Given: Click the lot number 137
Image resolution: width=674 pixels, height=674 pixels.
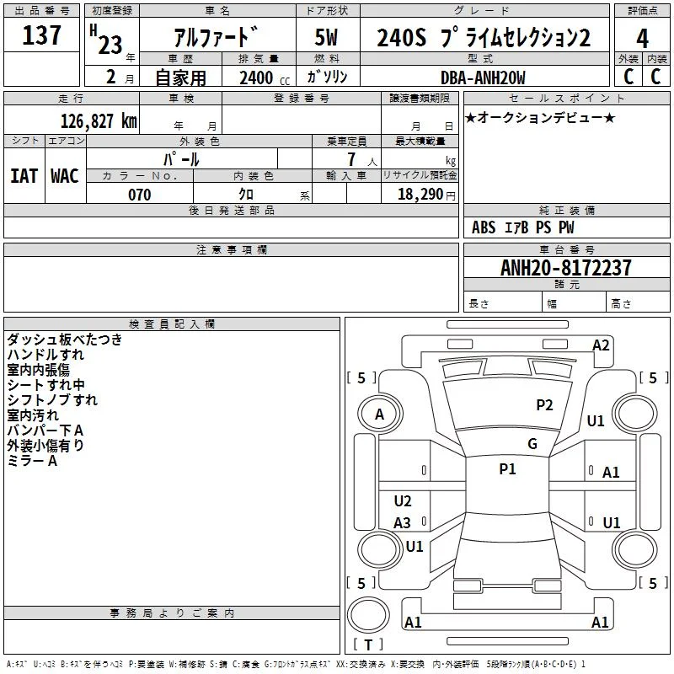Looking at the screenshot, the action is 41,35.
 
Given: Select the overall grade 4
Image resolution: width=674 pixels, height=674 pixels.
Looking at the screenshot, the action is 642,39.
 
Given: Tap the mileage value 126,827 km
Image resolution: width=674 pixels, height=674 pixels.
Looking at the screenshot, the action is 99,121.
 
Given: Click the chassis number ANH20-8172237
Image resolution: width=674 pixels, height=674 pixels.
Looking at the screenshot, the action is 566,268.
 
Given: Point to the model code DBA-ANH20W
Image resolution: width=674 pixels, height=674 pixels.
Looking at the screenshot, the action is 483,78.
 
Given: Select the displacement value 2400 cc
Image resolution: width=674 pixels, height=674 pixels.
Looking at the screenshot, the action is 265,78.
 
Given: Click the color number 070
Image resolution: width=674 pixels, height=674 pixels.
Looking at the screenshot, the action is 140,195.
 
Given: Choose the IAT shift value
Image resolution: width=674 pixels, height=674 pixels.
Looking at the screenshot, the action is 24,176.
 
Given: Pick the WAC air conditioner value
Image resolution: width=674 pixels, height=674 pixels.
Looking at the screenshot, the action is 65,176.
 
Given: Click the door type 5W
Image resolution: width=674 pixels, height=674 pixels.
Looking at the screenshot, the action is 326,37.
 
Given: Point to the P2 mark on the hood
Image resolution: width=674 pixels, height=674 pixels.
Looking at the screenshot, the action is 544,405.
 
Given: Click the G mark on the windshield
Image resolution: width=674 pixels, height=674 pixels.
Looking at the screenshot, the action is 532,443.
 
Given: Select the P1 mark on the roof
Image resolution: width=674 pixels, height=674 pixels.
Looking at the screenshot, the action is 507,468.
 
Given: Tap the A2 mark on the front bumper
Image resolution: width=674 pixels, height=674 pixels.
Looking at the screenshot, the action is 601,345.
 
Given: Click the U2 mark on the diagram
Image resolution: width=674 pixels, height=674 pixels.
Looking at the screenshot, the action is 403,500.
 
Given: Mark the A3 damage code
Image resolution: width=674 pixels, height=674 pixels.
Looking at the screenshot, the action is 403,522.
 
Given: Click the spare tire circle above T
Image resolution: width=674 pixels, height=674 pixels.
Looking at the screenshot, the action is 368,615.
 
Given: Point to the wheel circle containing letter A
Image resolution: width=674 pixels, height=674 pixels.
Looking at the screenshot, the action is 380,415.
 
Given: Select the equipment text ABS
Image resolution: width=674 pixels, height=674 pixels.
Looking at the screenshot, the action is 484,227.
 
